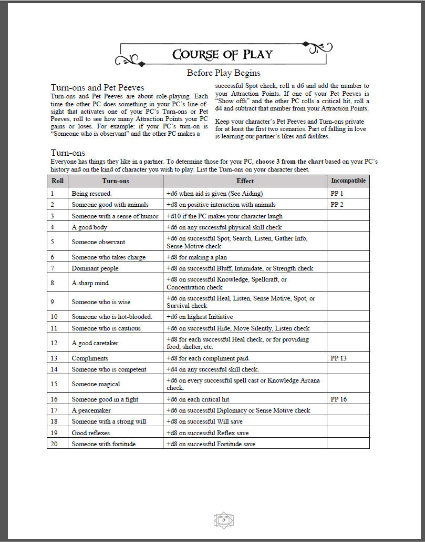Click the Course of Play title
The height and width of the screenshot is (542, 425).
point(223,55)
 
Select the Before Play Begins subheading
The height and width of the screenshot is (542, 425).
point(223,73)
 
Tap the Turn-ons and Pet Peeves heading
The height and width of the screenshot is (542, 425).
point(97,87)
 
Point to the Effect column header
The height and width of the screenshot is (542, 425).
point(245,181)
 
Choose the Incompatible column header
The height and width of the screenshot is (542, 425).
point(348,181)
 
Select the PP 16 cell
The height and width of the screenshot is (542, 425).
point(339,399)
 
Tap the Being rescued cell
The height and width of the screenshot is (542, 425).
point(88,194)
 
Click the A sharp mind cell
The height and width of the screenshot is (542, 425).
point(90,283)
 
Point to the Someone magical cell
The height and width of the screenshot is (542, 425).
point(96,384)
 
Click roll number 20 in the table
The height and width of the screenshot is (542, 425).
point(54,444)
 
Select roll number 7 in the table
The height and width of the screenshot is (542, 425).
point(53,268)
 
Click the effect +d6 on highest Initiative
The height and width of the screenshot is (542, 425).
point(200,317)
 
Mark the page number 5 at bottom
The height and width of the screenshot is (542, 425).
point(223,520)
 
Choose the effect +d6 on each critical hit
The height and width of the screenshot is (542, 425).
point(198,399)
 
